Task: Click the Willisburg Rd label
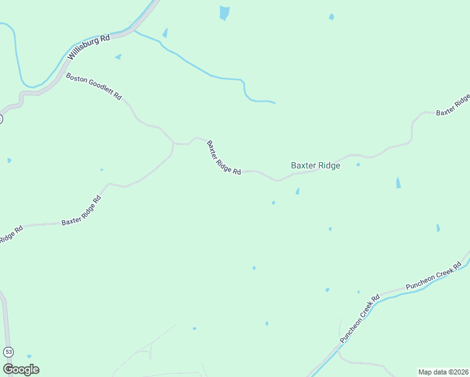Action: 89,46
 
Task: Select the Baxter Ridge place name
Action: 315,166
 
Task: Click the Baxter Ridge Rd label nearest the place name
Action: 224,158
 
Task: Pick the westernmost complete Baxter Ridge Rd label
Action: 81,211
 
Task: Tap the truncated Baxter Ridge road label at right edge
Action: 454,106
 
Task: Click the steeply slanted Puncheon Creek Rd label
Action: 360,319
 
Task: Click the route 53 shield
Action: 8,351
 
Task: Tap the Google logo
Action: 21,369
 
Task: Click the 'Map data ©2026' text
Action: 443,372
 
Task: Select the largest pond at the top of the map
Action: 224,13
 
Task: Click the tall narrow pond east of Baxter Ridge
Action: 398,182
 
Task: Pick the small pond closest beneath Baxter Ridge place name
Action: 297,191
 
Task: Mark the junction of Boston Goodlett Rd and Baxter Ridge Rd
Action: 173,144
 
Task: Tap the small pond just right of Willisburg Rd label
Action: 118,57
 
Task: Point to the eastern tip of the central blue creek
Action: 275,102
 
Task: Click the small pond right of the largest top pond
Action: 331,17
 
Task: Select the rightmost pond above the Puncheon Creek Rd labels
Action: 438,227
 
